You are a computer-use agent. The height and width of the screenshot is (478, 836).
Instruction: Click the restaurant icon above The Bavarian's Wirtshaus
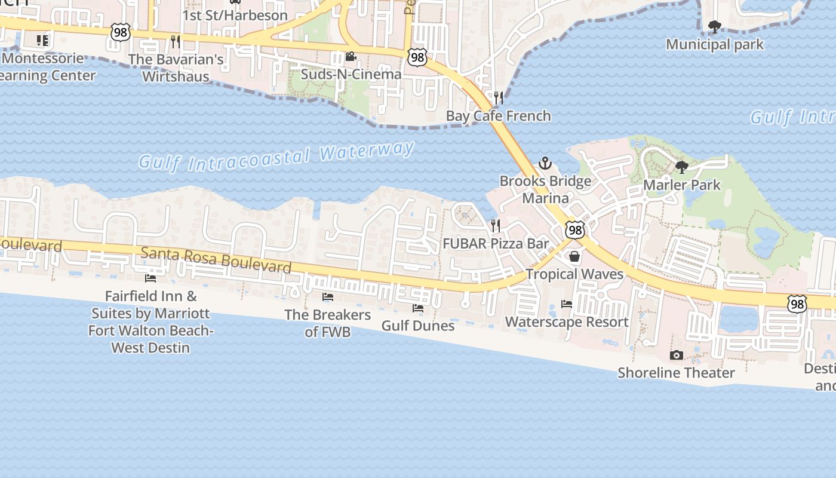175,41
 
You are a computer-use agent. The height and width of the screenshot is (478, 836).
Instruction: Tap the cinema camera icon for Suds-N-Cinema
351,57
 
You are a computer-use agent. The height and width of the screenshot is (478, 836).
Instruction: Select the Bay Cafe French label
498,115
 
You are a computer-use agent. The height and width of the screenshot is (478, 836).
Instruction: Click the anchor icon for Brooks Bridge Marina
545,163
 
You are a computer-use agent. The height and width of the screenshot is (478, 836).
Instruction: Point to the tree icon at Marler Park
681,167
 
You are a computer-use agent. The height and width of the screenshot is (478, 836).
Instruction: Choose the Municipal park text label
714,44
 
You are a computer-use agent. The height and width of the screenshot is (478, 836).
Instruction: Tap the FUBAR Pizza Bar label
495,243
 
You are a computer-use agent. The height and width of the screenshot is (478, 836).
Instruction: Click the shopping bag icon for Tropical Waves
574,256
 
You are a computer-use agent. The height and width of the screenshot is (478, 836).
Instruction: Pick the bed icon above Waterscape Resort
566,304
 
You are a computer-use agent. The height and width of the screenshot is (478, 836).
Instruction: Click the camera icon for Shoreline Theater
676,355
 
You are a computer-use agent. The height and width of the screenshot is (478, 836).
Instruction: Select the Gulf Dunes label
417,326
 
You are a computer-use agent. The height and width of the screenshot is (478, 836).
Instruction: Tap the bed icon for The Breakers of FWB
327,296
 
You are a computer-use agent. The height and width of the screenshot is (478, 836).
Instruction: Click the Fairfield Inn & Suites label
150,321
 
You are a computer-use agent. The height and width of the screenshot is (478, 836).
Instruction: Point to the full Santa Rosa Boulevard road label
216,260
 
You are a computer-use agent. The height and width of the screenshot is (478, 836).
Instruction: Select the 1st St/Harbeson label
235,16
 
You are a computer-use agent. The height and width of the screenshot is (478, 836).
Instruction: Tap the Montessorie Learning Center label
45,67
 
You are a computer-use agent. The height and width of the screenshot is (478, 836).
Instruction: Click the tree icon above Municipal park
714,26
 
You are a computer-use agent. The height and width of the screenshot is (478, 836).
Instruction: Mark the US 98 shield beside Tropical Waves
574,229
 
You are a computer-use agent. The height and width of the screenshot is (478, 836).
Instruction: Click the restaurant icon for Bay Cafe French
498,98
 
